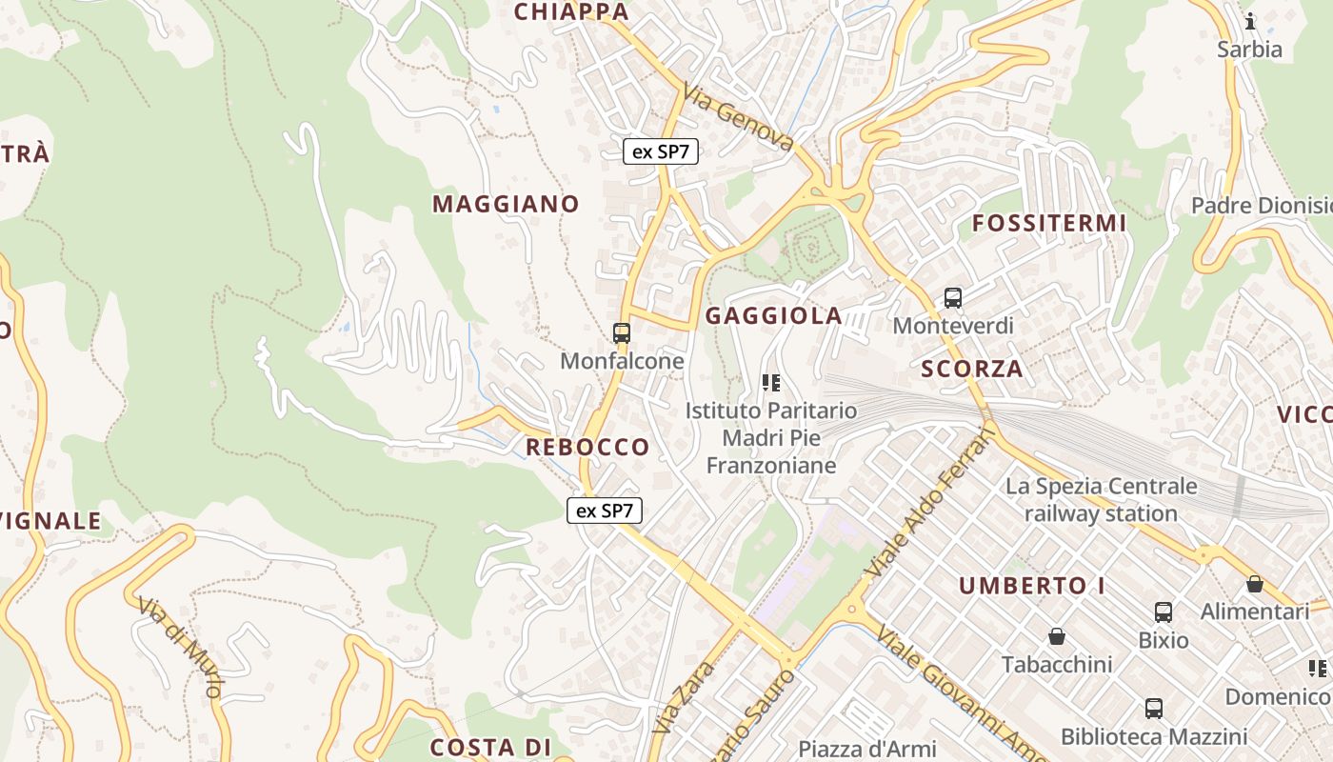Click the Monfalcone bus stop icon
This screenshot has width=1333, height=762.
622,333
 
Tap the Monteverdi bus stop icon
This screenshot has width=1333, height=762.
953,298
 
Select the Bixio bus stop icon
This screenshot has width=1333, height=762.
1163,612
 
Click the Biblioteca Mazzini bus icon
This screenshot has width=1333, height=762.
1154,709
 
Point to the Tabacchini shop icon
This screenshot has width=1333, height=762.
1056,636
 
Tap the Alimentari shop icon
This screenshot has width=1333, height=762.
1255,584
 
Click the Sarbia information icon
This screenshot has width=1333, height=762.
1250,21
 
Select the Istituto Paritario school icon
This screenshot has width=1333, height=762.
771,383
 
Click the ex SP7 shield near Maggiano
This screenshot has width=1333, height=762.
661,150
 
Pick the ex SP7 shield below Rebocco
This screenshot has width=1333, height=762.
605,511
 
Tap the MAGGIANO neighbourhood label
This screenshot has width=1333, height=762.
506,204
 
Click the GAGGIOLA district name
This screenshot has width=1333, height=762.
774,316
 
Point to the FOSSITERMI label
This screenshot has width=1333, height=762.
1048,224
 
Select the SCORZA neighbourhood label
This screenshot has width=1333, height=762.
972,369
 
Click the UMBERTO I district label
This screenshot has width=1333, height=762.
1032,586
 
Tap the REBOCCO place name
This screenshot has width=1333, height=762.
587,447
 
